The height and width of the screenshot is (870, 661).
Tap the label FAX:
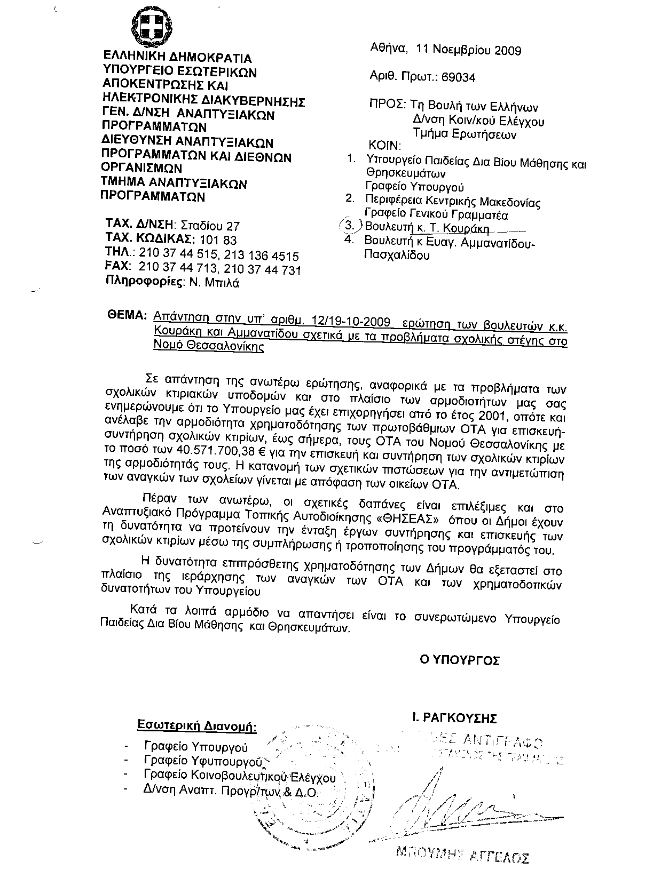click(x=119, y=266)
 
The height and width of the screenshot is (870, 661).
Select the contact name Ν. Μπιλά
click(x=214, y=283)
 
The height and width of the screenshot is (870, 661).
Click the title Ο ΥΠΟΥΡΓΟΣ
click(x=460, y=660)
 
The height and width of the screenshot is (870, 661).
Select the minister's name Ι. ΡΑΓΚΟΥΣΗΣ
click(x=455, y=718)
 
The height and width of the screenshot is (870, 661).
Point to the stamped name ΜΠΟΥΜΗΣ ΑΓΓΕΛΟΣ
click(x=462, y=855)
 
